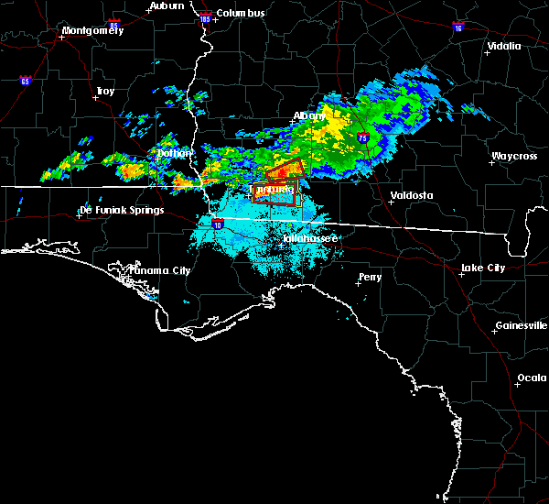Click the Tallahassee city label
[310, 238]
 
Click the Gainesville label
[522, 326]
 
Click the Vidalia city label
[504, 46]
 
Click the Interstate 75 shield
[363, 138]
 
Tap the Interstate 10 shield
[217, 223]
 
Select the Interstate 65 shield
[24, 81]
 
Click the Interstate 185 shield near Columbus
[205, 17]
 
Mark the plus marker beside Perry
[357, 282]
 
